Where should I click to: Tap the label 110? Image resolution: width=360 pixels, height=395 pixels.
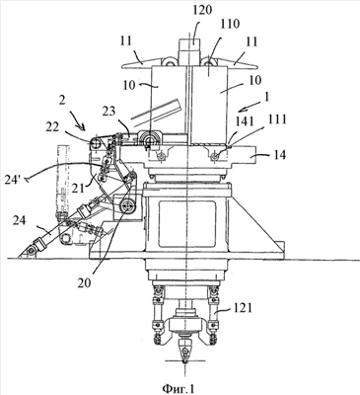[x=230, y=24]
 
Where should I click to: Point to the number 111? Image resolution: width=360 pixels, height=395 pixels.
[x=276, y=119]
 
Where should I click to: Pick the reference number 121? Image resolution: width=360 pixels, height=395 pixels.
[x=243, y=308]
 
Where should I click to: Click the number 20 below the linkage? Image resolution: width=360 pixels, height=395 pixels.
[x=85, y=282]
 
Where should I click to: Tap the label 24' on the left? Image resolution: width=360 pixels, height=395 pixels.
[x=16, y=181]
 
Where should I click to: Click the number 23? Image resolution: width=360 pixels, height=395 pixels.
[x=108, y=112]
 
